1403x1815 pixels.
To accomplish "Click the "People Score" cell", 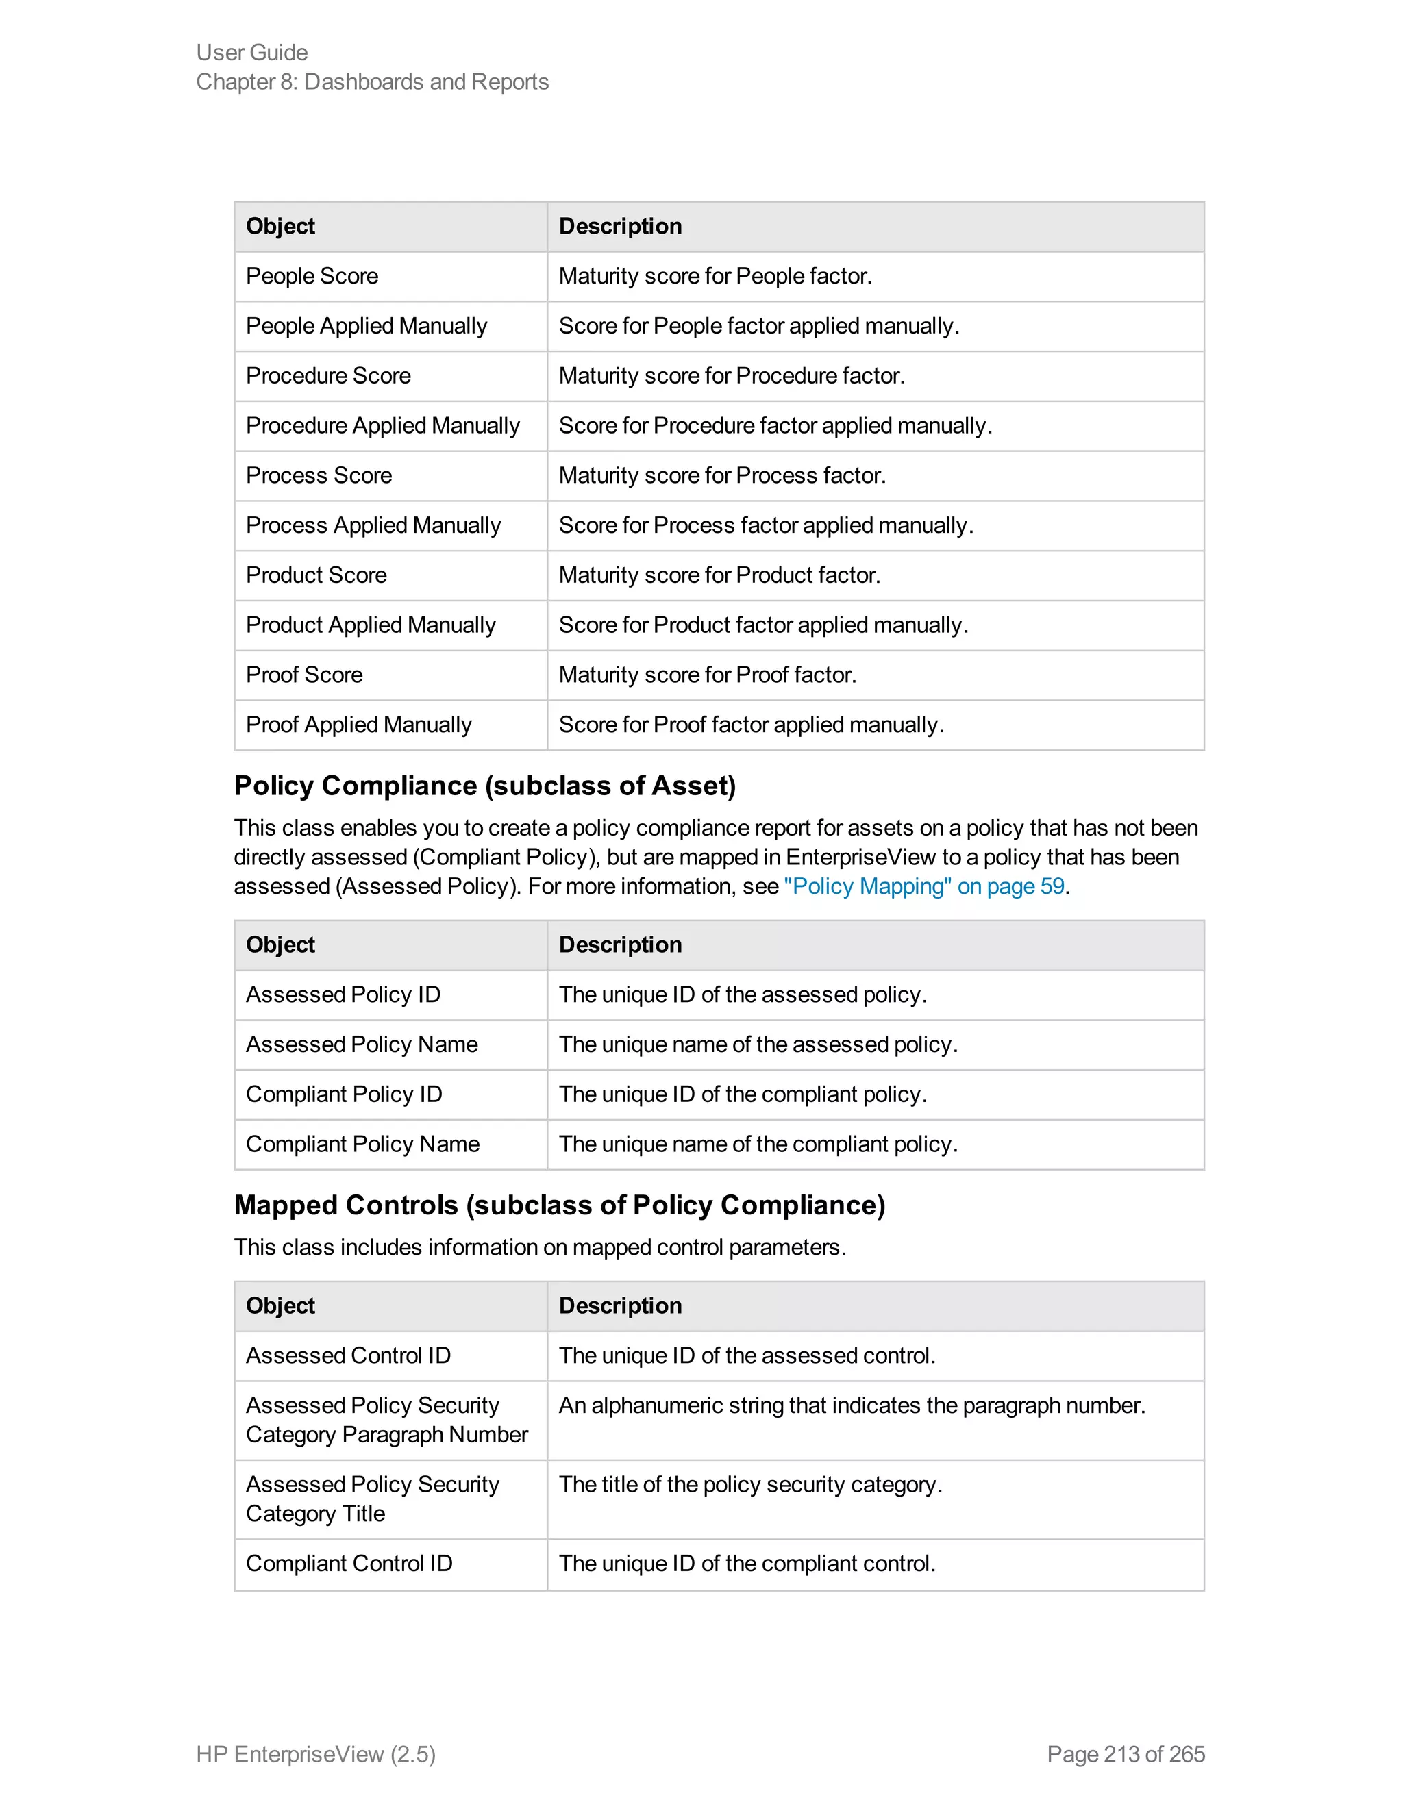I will [312, 276].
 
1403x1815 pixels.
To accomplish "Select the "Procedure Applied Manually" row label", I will [382, 425].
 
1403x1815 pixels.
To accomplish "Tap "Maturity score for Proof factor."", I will [706, 675].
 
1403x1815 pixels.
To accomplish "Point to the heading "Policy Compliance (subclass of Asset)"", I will [484, 786].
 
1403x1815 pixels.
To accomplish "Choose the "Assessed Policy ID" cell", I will [343, 994].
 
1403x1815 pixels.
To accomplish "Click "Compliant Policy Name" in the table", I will [362, 1144].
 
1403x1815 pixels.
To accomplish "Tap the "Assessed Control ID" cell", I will [347, 1355].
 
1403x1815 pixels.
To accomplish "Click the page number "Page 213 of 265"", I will [1126, 1753].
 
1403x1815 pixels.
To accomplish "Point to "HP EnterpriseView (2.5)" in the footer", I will [316, 1753].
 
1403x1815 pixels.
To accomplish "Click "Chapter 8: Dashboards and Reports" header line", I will [373, 82].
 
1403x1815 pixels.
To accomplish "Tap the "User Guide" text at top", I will [252, 52].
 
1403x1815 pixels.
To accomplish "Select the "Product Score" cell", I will [316, 575].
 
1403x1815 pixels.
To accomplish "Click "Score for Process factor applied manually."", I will [765, 525].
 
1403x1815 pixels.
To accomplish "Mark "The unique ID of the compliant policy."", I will [742, 1094].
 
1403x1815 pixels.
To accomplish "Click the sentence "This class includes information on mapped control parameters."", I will [539, 1247].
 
